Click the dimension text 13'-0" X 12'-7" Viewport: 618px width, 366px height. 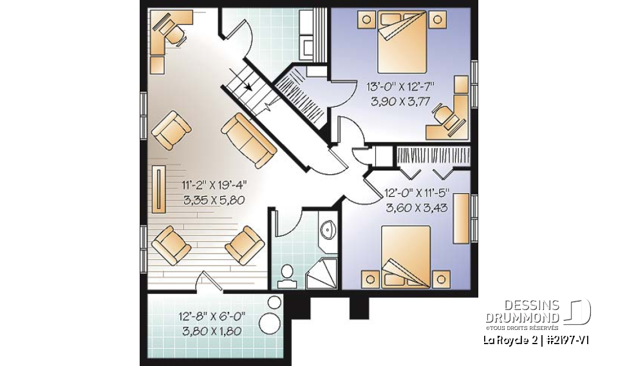(x=400, y=86)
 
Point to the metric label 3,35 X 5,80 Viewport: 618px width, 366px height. (x=214, y=200)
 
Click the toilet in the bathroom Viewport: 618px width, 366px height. (x=285, y=275)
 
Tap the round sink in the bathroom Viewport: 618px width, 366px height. (x=328, y=229)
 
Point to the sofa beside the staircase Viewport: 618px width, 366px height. (x=248, y=140)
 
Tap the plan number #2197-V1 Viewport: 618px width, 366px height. (x=565, y=340)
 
